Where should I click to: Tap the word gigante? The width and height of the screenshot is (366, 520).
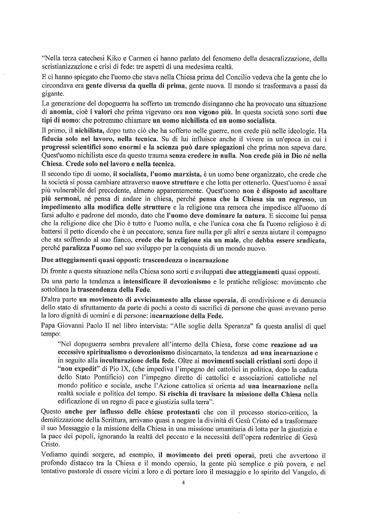point(53,94)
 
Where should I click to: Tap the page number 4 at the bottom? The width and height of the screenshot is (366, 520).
point(183,482)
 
